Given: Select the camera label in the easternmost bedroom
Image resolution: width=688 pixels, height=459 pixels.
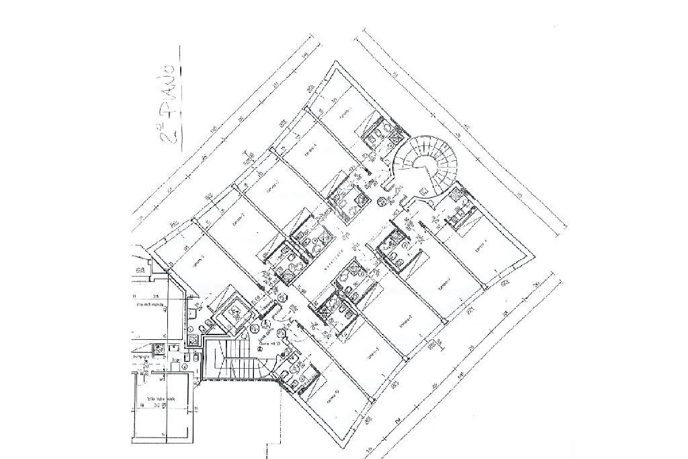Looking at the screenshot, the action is tap(480, 249).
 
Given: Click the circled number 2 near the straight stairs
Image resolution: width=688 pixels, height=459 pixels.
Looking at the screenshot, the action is tap(255, 328).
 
